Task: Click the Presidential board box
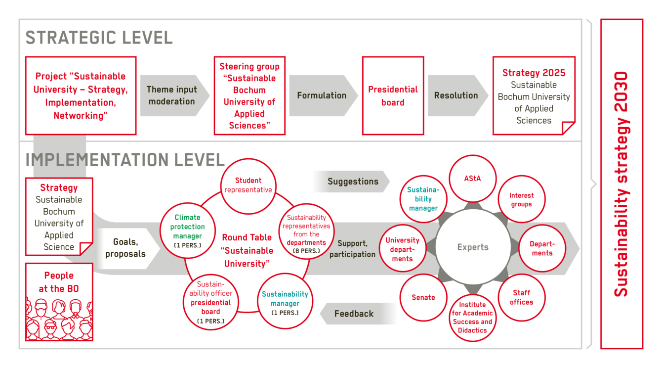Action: pos(393,95)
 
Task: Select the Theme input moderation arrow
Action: pos(175,95)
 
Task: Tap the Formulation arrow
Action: pos(323,95)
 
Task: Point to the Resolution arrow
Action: pos(458,95)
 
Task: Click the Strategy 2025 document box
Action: pos(534,95)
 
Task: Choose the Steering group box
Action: pos(249,95)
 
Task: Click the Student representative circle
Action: pos(248,186)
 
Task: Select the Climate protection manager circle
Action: pos(187,230)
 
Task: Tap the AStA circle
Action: pos(473,179)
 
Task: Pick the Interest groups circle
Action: pos(522,199)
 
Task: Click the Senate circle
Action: pos(423,297)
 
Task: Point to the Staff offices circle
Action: pos(522,297)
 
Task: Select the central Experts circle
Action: pos(473,247)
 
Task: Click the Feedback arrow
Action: pos(358,314)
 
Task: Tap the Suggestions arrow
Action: pos(352,182)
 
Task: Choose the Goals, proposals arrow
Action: pos(127,248)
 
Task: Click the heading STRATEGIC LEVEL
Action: pos(99,38)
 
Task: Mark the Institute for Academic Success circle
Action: pos(473,318)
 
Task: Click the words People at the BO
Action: pos(59,282)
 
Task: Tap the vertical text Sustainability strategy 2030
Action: pos(621,184)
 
